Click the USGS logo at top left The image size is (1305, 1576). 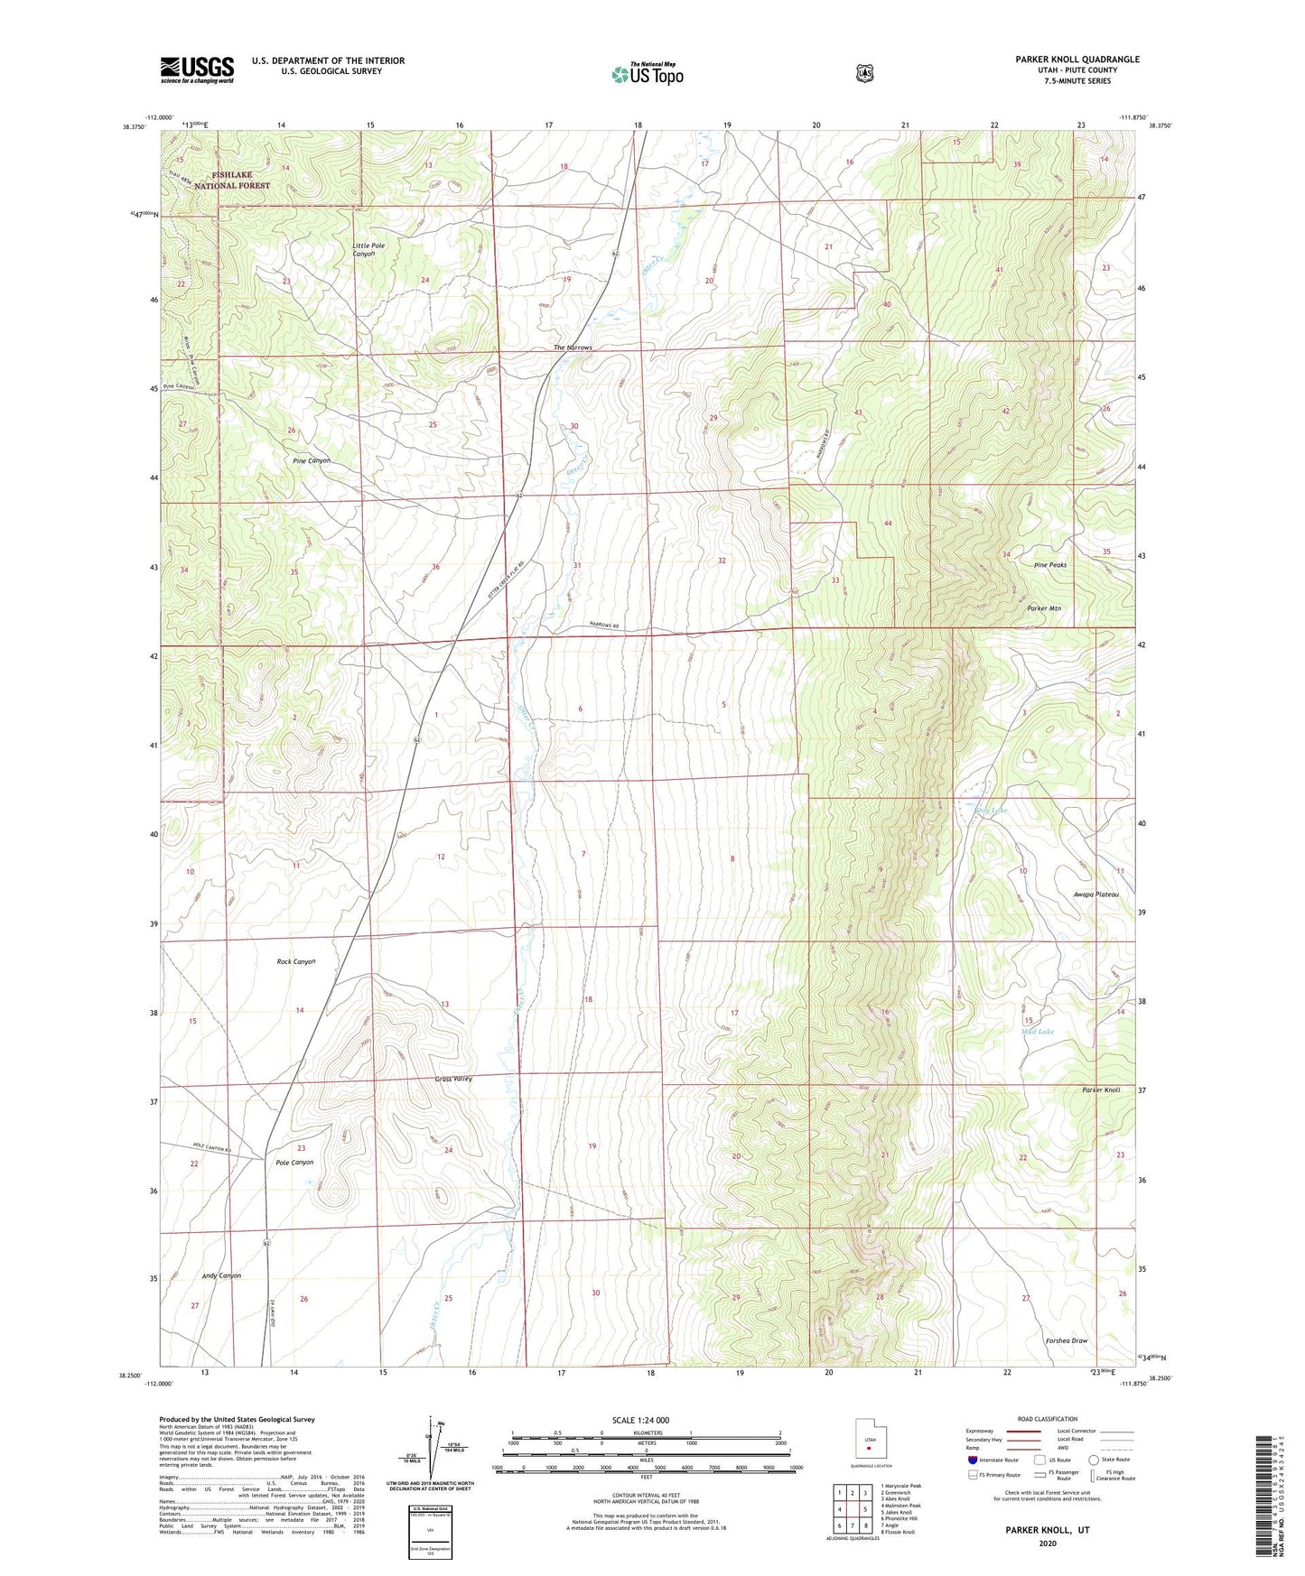click(197, 70)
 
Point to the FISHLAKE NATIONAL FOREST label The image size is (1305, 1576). click(231, 180)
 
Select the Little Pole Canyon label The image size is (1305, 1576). click(376, 249)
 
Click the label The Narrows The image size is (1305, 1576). click(573, 348)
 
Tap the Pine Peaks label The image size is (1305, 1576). click(1050, 565)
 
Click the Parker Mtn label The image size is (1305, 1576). click(1043, 608)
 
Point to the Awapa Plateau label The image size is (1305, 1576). click(1095, 895)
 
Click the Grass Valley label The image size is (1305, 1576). click(453, 1079)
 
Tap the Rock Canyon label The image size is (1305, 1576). click(295, 962)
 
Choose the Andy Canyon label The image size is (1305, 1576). click(221, 1275)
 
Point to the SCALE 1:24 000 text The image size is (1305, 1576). click(640, 1420)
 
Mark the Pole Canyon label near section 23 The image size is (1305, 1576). click(294, 1163)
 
